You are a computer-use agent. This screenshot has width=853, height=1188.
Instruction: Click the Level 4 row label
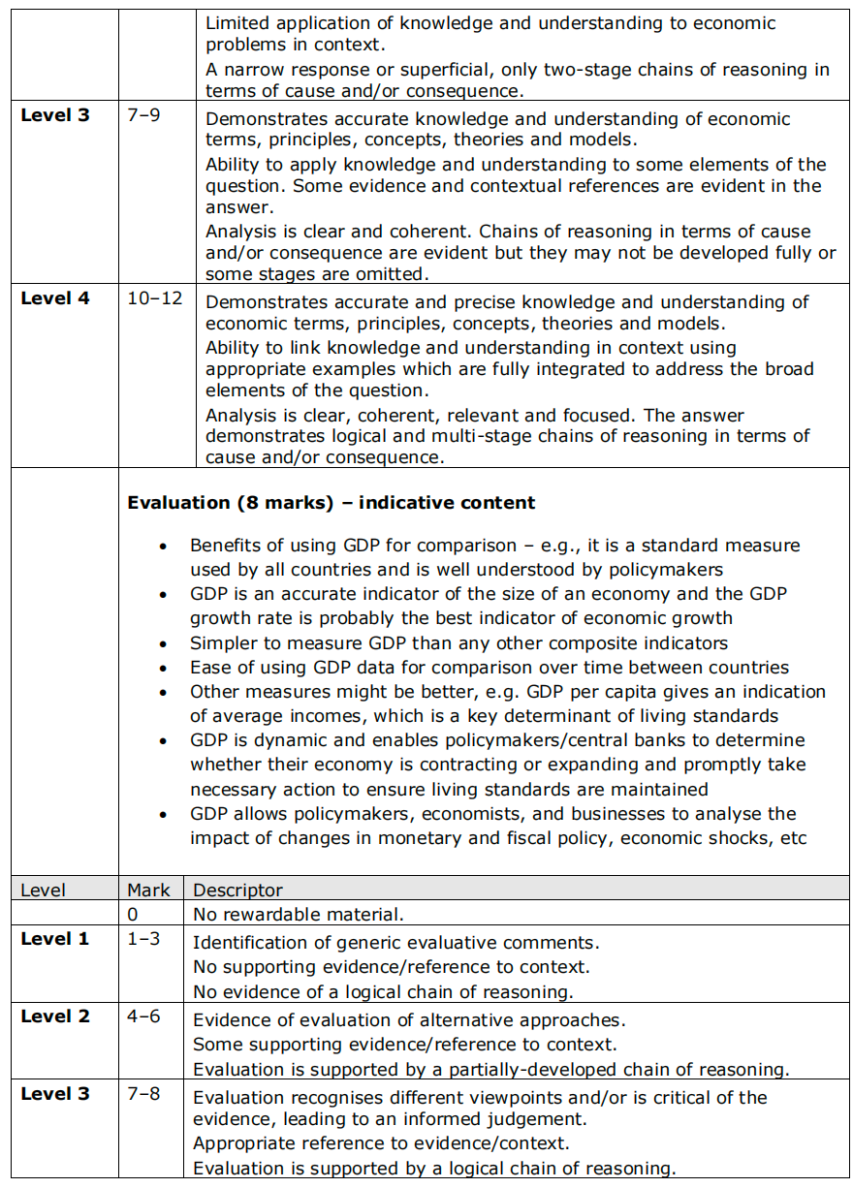[x=55, y=298]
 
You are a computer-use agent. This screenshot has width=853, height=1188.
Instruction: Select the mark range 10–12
[x=154, y=298]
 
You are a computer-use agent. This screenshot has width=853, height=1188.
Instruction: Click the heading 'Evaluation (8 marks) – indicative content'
[x=331, y=503]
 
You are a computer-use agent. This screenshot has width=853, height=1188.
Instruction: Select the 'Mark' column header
[x=148, y=890]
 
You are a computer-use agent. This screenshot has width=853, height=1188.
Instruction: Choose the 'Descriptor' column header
[x=238, y=890]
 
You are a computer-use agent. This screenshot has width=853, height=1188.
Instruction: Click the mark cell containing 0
[x=133, y=914]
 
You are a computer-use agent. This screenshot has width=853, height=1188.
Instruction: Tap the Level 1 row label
[x=55, y=939]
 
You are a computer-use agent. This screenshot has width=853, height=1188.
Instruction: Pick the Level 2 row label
[x=55, y=1016]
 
